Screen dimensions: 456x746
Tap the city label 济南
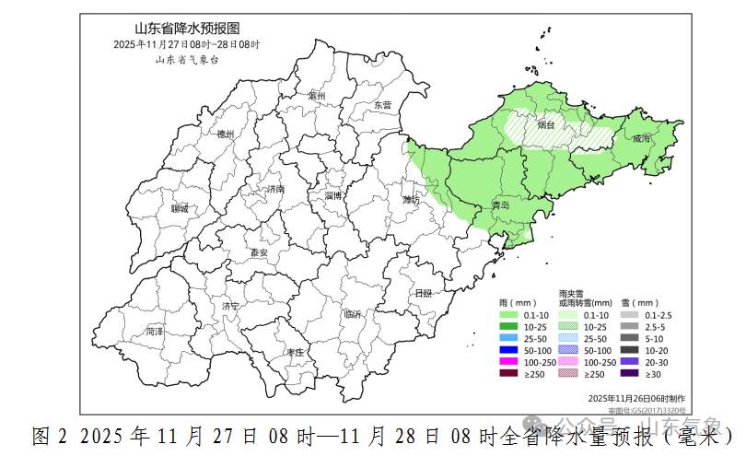point(275,190)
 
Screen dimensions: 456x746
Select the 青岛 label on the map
point(501,206)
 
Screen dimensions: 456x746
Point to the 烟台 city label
point(546,124)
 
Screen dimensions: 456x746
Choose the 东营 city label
point(382,105)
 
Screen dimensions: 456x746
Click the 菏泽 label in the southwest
point(154,331)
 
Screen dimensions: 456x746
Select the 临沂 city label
point(353,314)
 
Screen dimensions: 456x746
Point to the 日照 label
point(423,293)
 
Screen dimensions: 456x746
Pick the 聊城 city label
point(179,209)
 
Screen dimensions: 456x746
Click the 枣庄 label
point(295,353)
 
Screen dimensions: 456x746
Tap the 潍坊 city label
point(411,199)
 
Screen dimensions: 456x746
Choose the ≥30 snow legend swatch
point(630,373)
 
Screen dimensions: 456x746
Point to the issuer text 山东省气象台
point(187,59)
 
